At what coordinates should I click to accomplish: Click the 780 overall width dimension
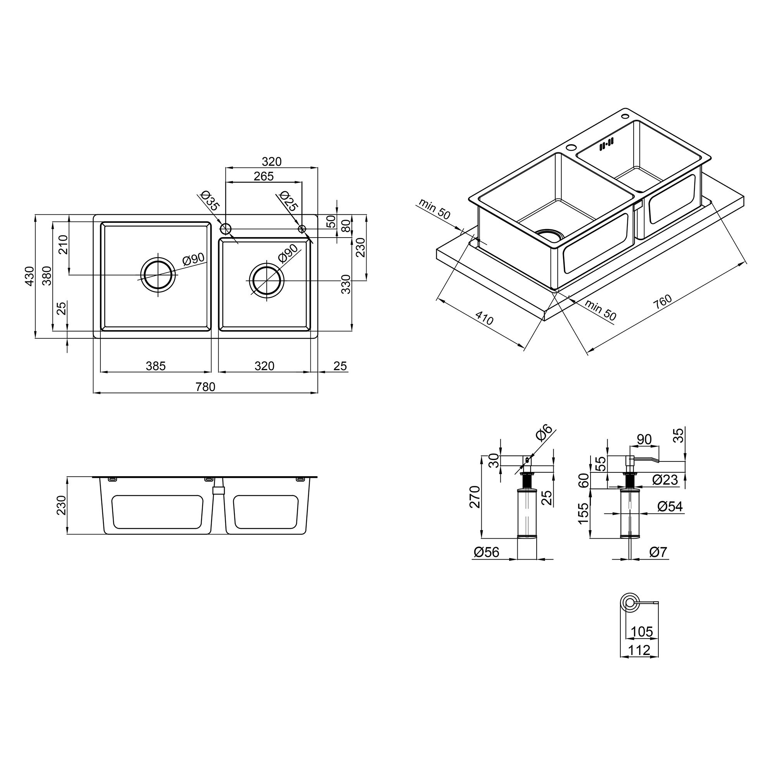(205, 387)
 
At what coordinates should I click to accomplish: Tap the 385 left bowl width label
(156, 366)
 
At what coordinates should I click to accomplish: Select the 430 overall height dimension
(30, 276)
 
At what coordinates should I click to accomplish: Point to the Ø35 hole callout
(210, 201)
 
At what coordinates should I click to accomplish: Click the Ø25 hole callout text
(288, 201)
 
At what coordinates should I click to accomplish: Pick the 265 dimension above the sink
(263, 176)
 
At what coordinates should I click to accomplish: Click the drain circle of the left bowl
(158, 275)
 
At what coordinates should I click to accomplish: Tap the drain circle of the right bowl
(267, 280)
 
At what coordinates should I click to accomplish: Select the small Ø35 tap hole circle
(226, 229)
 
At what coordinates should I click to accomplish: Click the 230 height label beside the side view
(61, 505)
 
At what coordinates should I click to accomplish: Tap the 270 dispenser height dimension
(475, 497)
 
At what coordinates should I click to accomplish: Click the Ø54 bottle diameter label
(670, 506)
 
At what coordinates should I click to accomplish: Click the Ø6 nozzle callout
(544, 433)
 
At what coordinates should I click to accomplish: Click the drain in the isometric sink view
(549, 235)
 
